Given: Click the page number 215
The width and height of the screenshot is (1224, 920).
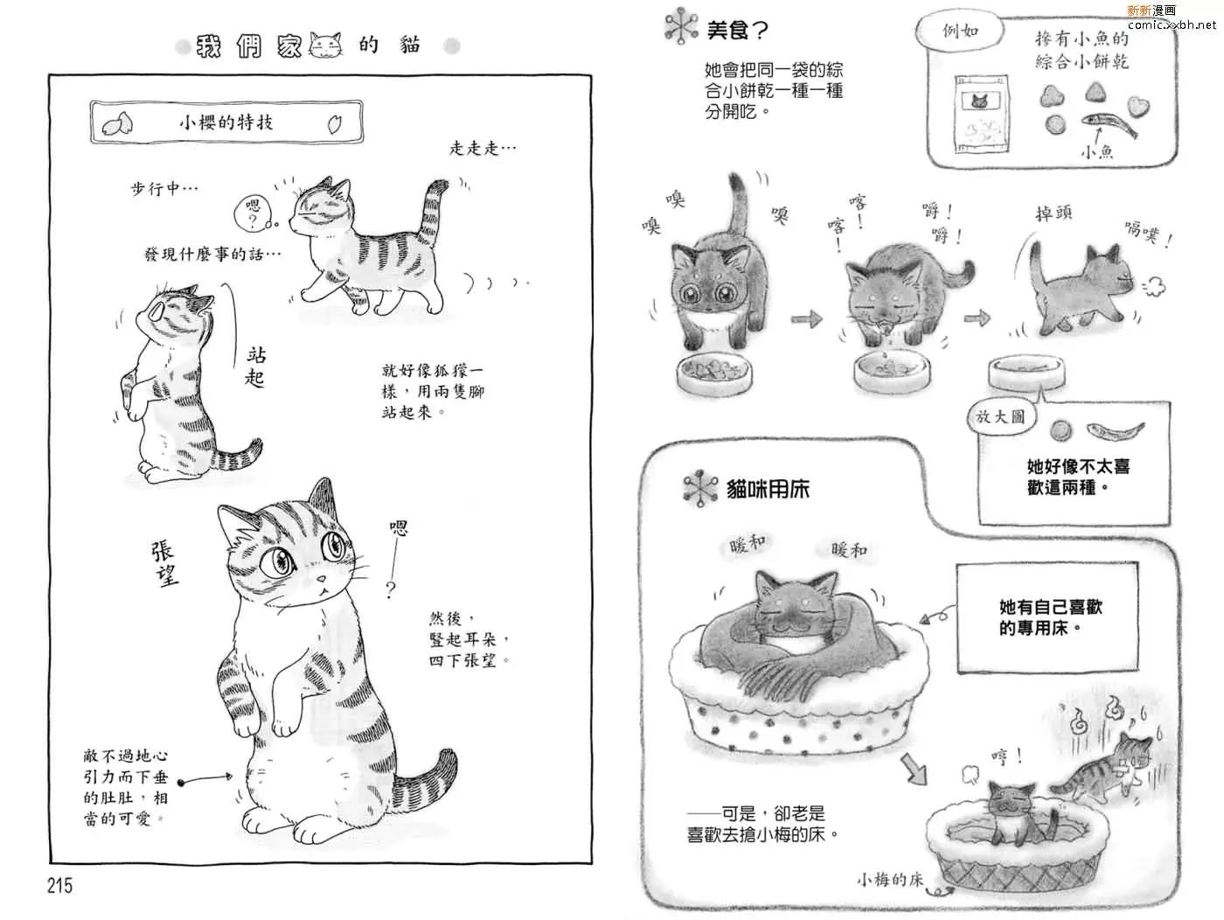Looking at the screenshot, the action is coord(60,885).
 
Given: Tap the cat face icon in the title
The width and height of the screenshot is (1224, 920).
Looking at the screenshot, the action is coord(325,45).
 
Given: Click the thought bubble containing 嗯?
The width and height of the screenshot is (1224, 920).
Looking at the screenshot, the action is coord(253,213).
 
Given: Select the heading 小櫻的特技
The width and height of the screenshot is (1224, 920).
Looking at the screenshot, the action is coord(226,122).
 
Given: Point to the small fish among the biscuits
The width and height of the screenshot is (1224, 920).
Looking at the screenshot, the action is coord(1109,124).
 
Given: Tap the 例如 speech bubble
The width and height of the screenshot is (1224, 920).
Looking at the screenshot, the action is coord(960,31).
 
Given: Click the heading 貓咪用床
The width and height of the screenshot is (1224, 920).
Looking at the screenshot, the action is coord(768,489).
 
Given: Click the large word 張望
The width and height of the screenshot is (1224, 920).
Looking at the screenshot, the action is coord(164,563).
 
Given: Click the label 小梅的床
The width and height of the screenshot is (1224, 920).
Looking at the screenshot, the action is coord(890,879).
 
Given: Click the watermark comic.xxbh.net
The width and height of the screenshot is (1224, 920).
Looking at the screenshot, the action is coord(1172,24).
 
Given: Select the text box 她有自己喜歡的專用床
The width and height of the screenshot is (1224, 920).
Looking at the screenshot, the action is coord(1047,617).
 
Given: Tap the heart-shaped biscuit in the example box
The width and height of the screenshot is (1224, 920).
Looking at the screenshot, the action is coord(1138,106).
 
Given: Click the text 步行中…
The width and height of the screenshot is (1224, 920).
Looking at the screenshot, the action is coord(164,189).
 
